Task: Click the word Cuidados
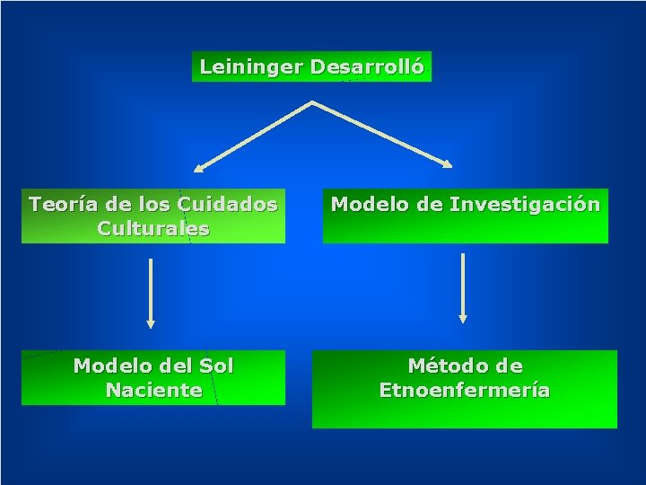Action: (x=227, y=204)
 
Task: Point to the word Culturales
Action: (x=153, y=228)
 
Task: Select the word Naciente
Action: (x=153, y=390)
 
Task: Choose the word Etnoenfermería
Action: (x=465, y=390)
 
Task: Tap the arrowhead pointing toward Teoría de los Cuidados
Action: (x=199, y=167)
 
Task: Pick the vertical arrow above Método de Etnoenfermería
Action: (x=463, y=284)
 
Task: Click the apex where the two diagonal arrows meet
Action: (x=311, y=103)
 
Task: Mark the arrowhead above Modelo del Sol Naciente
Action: (x=151, y=322)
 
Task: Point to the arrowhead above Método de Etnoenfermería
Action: (x=463, y=316)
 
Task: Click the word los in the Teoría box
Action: (x=155, y=204)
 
